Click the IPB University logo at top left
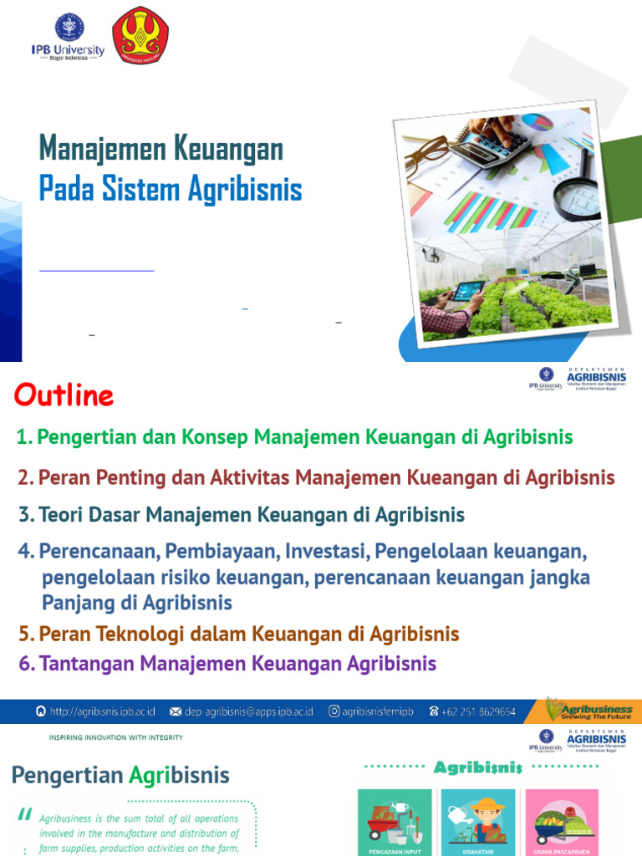click(x=69, y=35)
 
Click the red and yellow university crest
click(x=140, y=35)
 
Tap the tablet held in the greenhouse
click(x=469, y=291)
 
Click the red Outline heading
click(x=64, y=395)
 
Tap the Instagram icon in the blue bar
click(x=334, y=711)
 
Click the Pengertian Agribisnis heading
click(x=120, y=775)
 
